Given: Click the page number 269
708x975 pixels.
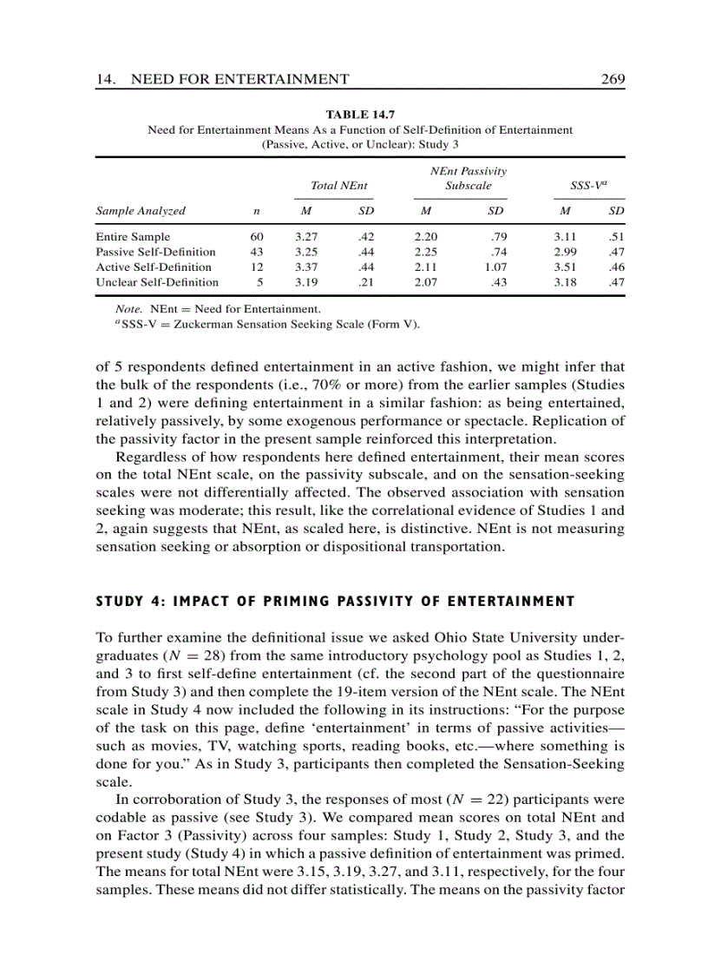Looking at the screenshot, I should coord(613,80).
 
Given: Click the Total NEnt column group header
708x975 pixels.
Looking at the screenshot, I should coord(338,186).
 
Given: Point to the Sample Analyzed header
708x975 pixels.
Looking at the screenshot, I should coord(141,211).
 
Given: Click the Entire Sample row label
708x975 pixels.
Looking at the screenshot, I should coord(133,236).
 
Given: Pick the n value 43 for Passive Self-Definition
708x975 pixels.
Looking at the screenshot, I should coord(256,252).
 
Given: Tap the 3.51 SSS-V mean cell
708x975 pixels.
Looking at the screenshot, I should coord(565,267).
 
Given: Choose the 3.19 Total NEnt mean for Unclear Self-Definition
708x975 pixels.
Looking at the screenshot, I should coord(306,282).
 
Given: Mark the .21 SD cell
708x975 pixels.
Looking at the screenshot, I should coord(364,282).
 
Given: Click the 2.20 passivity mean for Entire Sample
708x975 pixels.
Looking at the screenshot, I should coord(426,236).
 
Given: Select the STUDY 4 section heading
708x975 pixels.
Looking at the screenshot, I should coord(335,602).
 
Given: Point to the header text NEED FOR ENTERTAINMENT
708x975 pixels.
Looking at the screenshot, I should coord(239,80).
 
